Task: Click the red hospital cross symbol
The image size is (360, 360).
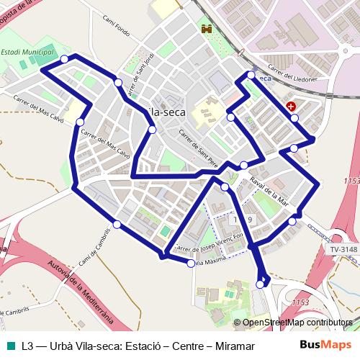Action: click(x=291, y=106)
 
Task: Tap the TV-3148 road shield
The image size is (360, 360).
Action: click(x=343, y=250)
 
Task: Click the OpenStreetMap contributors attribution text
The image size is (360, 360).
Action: click(x=297, y=323)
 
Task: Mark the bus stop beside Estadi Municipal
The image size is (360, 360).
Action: click(x=65, y=58)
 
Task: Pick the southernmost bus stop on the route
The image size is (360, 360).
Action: click(x=260, y=285)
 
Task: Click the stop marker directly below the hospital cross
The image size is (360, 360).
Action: click(x=294, y=117)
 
